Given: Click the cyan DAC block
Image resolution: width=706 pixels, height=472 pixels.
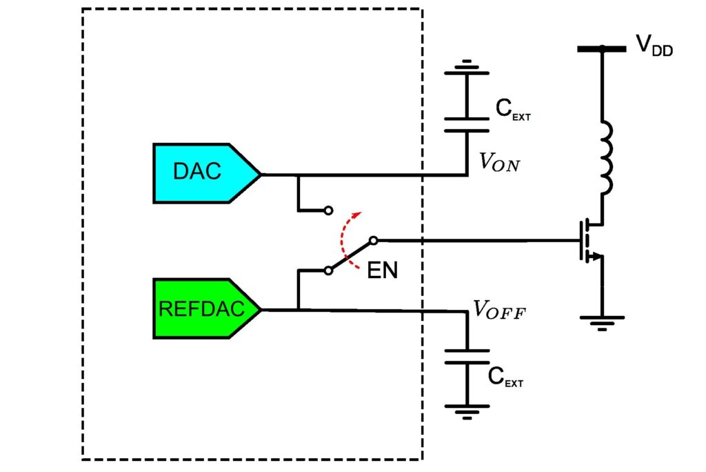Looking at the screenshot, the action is point(205,174).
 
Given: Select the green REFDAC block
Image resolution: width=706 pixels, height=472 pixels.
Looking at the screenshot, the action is point(205,309).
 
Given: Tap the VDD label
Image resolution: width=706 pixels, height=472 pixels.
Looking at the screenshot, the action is point(654,45).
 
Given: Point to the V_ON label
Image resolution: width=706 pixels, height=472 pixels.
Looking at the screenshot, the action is point(499,162).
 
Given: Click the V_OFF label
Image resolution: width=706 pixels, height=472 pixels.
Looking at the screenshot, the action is point(499,310).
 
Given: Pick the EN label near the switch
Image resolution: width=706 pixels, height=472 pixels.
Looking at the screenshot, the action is point(382,271).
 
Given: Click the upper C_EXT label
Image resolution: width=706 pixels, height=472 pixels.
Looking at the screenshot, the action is point(513,110).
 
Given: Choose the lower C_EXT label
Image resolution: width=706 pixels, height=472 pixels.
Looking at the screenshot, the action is point(505,377).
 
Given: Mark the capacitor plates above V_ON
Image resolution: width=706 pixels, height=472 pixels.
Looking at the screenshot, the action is point(467,125).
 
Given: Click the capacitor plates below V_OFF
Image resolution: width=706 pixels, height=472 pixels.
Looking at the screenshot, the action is point(467,357).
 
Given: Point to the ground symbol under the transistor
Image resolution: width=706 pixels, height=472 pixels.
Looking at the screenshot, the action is point(602,323).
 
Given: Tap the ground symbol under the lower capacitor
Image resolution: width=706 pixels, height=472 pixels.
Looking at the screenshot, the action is point(467,412).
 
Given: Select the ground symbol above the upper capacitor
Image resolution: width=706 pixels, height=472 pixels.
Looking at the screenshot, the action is point(467,67).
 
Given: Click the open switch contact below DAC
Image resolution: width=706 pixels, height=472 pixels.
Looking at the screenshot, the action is point(329,210).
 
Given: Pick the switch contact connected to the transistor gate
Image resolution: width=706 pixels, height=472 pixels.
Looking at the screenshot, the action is point(373,240).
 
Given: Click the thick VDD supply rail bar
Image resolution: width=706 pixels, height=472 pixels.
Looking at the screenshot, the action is point(601,49).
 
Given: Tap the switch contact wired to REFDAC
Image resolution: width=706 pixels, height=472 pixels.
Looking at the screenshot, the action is point(329,271).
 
